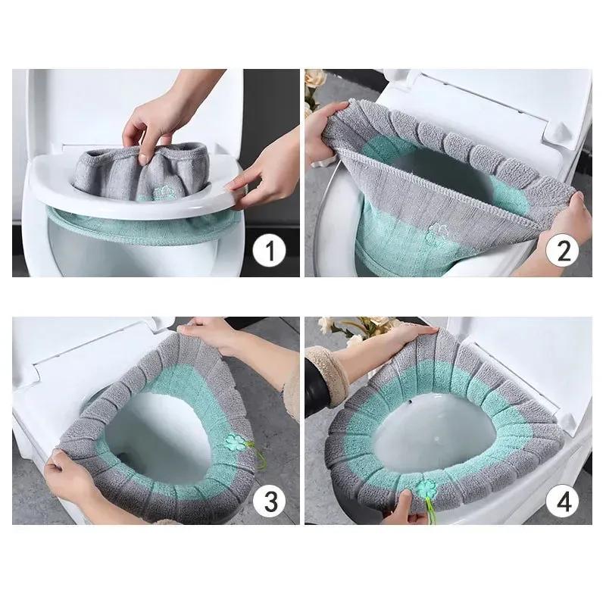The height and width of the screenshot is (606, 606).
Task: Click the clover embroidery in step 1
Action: click(160, 194)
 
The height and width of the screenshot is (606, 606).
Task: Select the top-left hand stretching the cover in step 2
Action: click(323, 123)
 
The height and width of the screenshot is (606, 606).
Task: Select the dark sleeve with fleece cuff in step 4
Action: click(326, 386)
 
